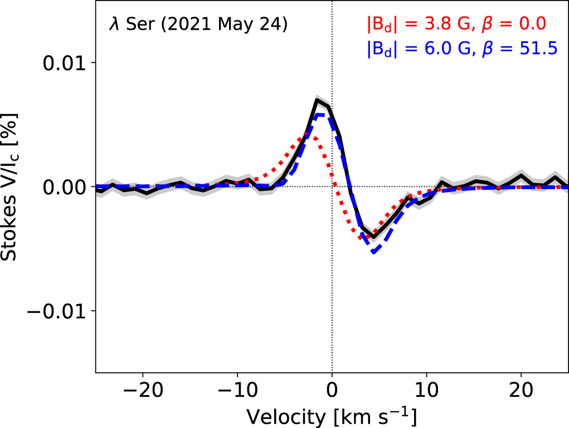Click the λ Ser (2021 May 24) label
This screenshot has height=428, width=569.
(198, 25)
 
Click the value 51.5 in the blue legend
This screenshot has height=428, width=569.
(538, 49)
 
